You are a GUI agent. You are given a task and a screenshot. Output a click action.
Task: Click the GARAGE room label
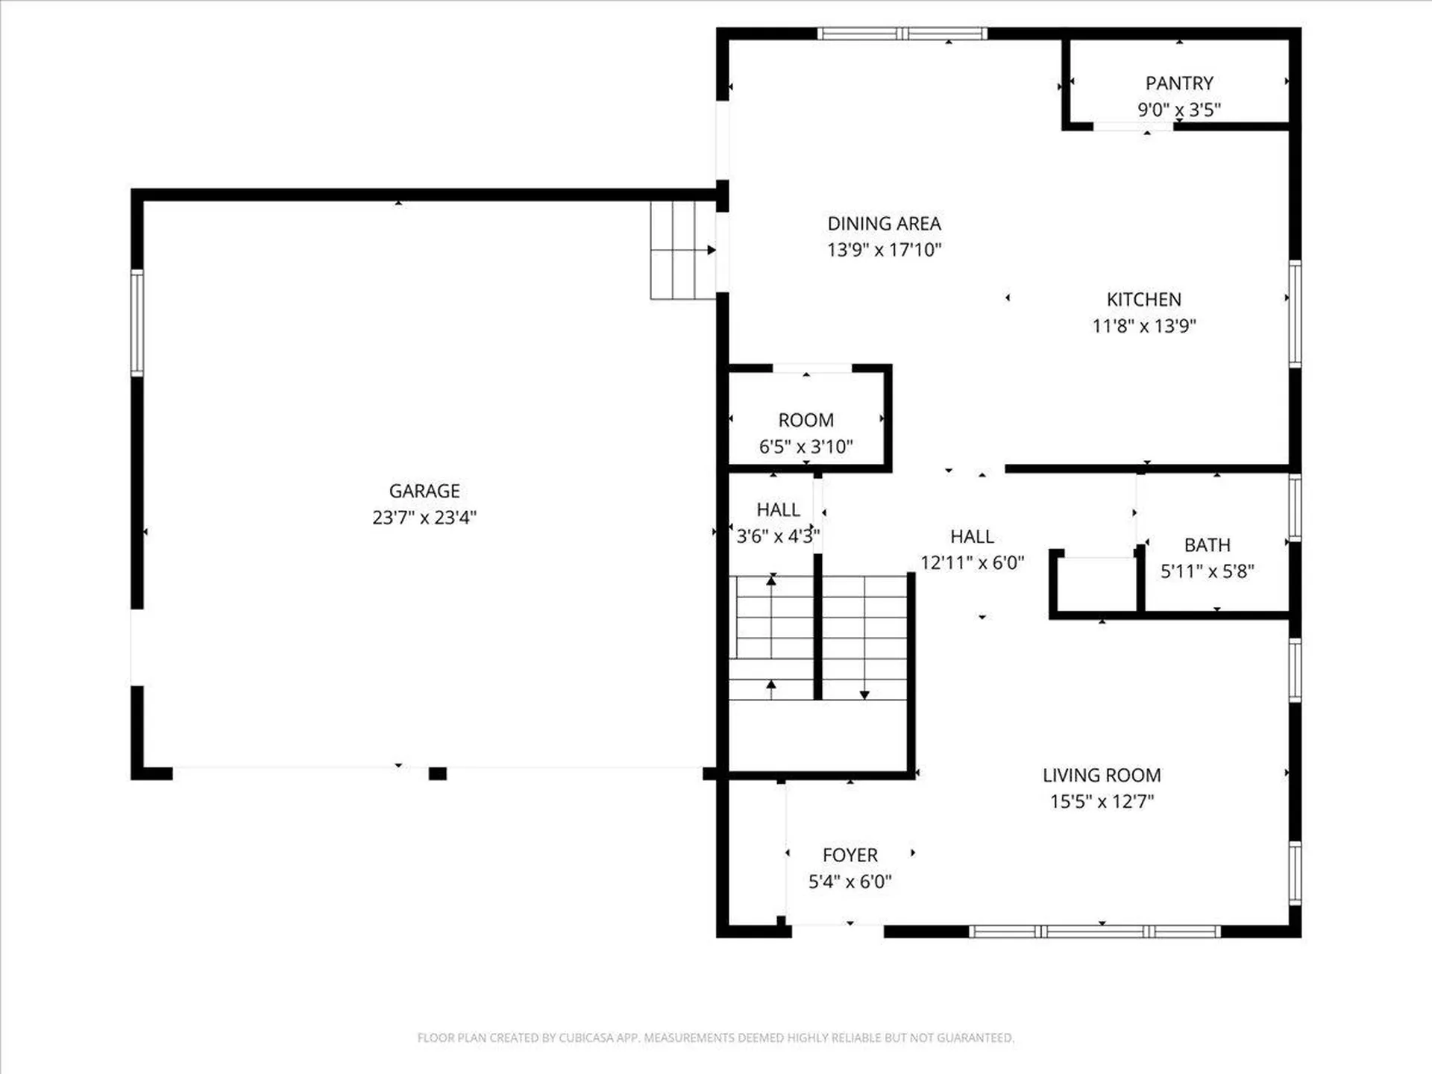point(424,491)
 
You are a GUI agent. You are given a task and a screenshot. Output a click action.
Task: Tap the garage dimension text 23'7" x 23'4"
point(424,518)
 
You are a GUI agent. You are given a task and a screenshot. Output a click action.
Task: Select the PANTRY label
point(1179,83)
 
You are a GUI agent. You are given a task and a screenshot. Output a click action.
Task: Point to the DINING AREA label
point(884,223)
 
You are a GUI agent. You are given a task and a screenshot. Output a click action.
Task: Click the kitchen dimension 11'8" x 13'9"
point(1144,326)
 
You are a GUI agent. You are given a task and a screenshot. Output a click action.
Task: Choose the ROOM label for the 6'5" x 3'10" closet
point(805,420)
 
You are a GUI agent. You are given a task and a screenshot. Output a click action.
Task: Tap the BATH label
point(1207,545)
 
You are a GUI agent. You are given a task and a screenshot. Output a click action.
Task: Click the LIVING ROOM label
point(1102,775)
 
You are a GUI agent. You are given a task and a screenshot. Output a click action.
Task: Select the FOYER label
point(850,855)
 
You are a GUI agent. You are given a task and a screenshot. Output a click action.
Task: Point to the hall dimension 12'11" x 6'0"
point(972,563)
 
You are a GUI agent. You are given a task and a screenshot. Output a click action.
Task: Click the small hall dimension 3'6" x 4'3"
point(778,536)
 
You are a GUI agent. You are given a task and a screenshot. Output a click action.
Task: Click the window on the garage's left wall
point(137,322)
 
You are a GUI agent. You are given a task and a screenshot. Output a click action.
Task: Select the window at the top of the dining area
point(902,34)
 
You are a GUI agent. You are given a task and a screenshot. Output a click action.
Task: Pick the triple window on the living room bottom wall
point(1094,931)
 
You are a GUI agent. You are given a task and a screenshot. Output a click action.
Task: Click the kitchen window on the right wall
point(1296,313)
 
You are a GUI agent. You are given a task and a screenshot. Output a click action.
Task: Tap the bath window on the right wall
point(1296,507)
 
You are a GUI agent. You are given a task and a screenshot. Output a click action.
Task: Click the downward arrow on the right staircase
point(864,694)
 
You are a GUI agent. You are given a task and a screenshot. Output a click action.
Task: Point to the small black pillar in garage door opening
point(438,774)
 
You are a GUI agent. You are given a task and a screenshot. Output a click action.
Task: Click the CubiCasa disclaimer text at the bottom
point(715,1037)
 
